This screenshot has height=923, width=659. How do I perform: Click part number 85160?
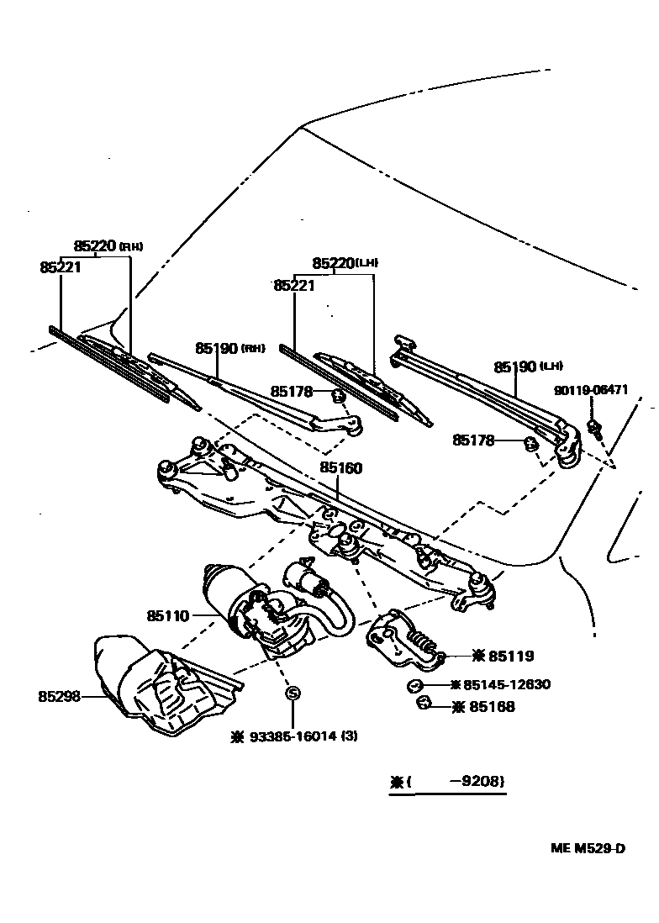pyautogui.click(x=340, y=468)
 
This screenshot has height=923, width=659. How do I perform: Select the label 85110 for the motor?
pyautogui.click(x=168, y=616)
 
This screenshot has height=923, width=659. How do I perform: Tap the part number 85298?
pyautogui.click(x=59, y=696)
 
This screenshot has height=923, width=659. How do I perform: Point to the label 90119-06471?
pyautogui.click(x=591, y=390)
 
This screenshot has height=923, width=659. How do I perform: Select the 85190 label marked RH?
pyautogui.click(x=217, y=347)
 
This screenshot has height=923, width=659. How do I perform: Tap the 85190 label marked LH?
pyautogui.click(x=515, y=367)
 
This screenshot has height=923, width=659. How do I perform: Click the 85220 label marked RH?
pyautogui.click(x=94, y=245)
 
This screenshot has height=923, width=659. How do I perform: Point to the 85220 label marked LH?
pyautogui.click(x=333, y=263)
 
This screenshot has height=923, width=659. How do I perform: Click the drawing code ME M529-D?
pyautogui.click(x=588, y=847)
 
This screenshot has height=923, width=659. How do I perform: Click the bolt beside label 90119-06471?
pyautogui.click(x=594, y=428)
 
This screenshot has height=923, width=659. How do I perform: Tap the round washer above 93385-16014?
pyautogui.click(x=293, y=694)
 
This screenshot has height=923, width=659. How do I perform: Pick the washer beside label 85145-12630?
pyautogui.click(x=414, y=685)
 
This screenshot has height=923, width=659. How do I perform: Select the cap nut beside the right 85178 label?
pyautogui.click(x=531, y=442)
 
